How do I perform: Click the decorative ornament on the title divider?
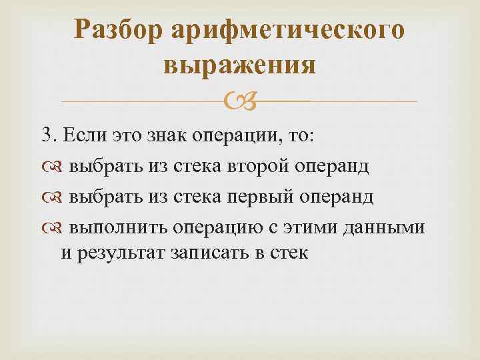tap(238, 101)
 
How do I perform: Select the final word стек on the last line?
tap(289, 253)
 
